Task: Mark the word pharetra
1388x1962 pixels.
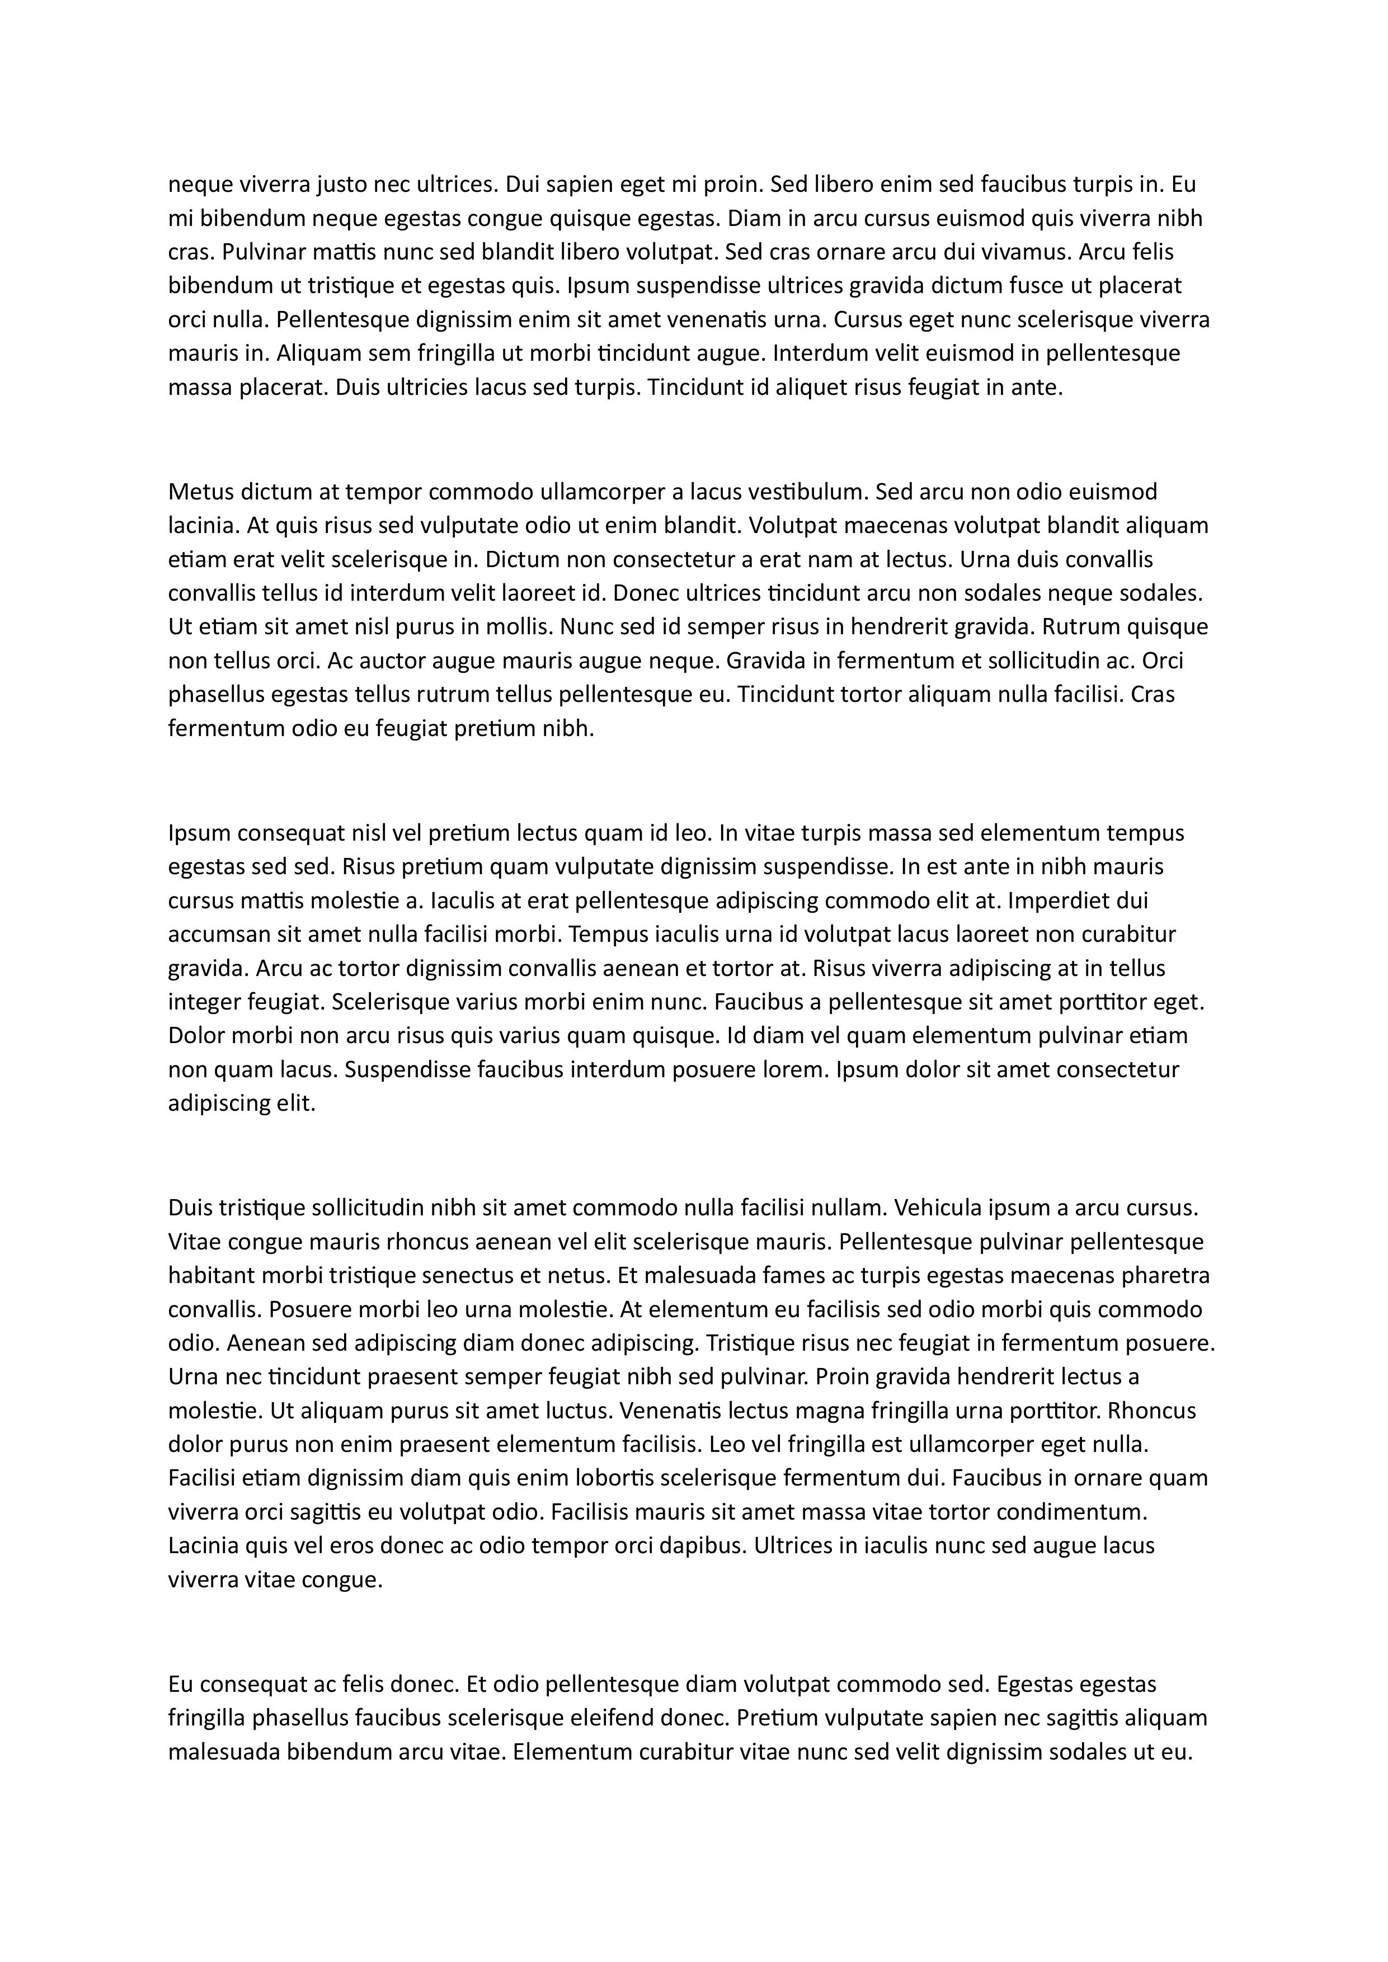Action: point(1168,1276)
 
